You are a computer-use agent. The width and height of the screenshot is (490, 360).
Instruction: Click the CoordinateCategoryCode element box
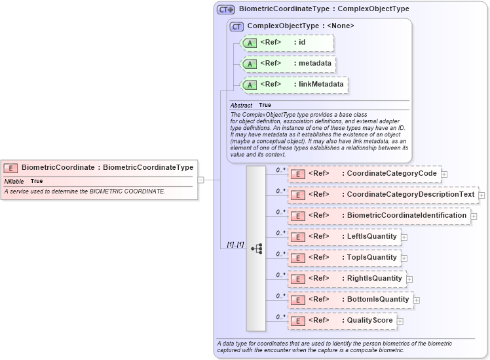tap(364, 174)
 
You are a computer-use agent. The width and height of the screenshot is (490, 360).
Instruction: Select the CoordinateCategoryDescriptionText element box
tap(383, 195)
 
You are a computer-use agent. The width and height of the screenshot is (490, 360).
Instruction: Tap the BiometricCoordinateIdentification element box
tap(379, 216)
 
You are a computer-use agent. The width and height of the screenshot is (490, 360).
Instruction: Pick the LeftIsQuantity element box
tap(344, 237)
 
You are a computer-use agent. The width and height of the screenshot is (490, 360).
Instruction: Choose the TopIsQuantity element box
tap(344, 258)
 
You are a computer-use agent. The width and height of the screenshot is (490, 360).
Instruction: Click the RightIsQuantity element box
tap(347, 279)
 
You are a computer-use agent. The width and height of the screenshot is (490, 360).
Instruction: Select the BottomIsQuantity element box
tap(350, 300)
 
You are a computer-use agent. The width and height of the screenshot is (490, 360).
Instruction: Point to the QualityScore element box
tap(342, 321)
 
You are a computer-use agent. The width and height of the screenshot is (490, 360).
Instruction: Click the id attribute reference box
tap(288, 43)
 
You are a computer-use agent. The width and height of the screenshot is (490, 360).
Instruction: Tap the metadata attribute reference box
tap(289, 64)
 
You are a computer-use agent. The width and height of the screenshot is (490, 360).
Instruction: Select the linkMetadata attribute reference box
tap(293, 85)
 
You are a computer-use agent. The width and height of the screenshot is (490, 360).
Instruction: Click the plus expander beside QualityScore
tap(400, 321)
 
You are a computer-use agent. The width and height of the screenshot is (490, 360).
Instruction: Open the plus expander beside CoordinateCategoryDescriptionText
tap(481, 195)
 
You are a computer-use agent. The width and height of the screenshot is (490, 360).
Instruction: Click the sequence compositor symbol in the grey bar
tap(256, 249)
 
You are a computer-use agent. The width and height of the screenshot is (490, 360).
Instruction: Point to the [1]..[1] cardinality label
tap(235, 245)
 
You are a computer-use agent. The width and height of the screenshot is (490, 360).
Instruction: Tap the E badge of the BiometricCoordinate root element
tap(11, 168)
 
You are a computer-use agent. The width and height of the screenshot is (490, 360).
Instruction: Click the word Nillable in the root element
tap(14, 181)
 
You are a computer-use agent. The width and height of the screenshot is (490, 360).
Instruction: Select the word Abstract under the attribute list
tap(241, 106)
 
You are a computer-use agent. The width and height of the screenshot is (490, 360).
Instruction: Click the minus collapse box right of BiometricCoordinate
tap(201, 179)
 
